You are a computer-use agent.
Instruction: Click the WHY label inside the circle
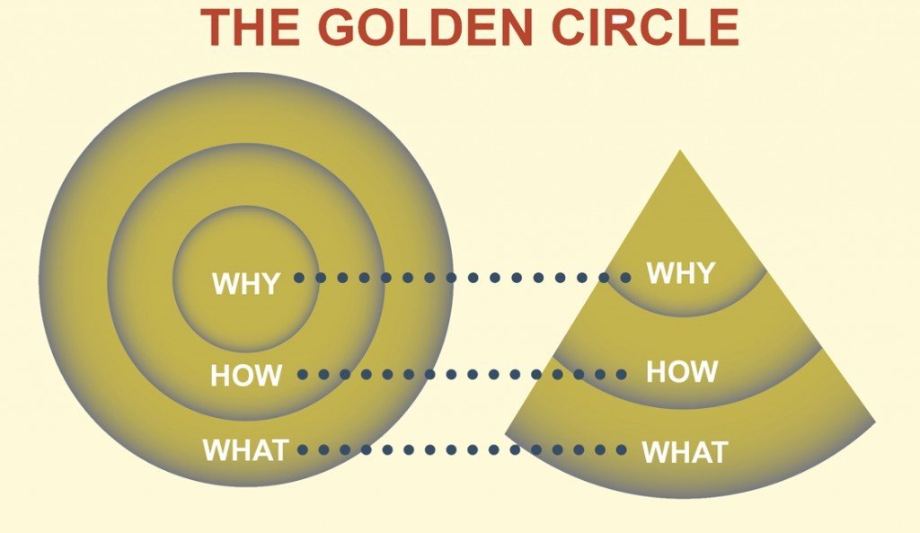click(245, 283)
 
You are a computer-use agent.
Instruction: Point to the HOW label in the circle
click(246, 375)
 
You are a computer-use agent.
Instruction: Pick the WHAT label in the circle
click(245, 449)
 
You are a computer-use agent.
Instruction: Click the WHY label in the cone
click(681, 272)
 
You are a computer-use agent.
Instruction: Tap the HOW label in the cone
click(682, 371)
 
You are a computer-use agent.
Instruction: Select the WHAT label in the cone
click(684, 452)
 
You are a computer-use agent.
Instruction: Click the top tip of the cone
click(680, 152)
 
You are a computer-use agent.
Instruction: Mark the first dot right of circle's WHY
click(299, 278)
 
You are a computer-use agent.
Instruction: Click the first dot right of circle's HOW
click(302, 374)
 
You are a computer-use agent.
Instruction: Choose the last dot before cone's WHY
click(626, 278)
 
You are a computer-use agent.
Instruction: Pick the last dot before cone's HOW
click(621, 374)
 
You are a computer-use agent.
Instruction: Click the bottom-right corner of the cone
click(873, 422)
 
